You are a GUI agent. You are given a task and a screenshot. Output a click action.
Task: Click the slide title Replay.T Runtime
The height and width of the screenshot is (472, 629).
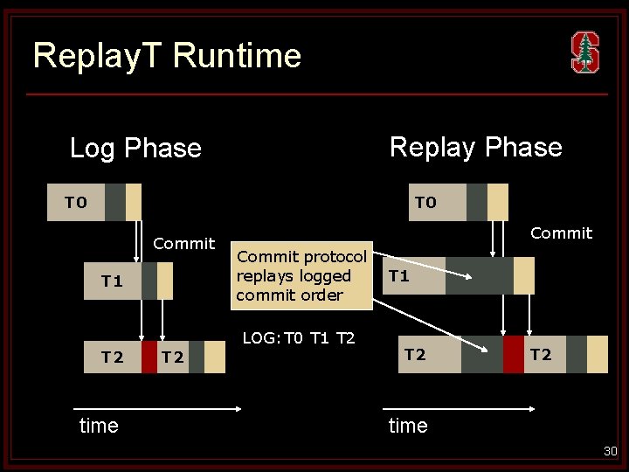(167, 55)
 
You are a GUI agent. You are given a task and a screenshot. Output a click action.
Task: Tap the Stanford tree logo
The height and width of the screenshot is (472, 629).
(584, 52)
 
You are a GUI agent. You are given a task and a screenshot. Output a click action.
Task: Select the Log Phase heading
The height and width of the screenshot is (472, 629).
(135, 148)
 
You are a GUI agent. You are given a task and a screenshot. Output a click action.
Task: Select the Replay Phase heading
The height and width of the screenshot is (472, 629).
(475, 147)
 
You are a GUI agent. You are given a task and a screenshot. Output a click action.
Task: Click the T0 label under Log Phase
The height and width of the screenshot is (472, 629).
(76, 203)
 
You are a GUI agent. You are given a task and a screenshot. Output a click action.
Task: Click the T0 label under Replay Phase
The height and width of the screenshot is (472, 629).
(425, 203)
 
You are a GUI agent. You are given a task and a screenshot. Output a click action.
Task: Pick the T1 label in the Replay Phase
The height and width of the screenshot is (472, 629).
(399, 276)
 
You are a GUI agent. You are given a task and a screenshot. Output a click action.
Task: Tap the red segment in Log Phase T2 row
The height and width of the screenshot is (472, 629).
(149, 357)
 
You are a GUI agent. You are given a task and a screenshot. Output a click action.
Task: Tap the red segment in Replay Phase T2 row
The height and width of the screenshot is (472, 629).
(514, 354)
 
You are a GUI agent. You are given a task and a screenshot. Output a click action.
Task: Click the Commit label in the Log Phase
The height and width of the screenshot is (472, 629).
(183, 243)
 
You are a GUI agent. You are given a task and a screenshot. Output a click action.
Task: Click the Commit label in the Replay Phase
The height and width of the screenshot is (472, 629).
(561, 233)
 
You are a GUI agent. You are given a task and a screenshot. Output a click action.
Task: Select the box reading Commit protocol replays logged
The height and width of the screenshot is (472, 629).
(302, 275)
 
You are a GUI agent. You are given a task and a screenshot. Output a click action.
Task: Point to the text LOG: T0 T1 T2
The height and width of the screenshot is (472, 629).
(298, 337)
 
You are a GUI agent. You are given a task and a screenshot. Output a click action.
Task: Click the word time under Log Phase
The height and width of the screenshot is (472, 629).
(99, 426)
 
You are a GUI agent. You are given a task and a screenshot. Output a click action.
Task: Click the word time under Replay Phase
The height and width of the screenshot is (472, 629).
(408, 426)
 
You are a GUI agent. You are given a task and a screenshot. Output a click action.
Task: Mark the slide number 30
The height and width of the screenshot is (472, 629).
(610, 451)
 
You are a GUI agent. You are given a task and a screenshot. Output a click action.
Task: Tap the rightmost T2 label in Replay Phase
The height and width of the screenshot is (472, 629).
(541, 354)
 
